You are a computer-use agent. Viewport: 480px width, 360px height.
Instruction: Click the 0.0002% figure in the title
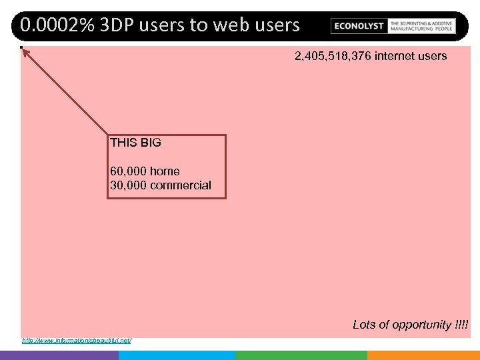[x=57, y=25]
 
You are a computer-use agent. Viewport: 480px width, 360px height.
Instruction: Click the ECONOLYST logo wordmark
[x=359, y=26]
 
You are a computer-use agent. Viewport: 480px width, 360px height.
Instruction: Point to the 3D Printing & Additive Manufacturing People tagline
[x=422, y=25]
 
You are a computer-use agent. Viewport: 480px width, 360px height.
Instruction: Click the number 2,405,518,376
[x=333, y=56]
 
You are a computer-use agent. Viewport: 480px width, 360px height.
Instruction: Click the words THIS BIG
[x=135, y=143]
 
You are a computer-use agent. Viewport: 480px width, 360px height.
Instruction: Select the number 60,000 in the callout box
[x=128, y=171]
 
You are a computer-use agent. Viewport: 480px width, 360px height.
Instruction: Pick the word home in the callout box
[x=165, y=171]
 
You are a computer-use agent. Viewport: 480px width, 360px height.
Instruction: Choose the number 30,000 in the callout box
[x=128, y=185]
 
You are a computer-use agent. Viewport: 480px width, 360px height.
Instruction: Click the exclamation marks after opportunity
[x=461, y=325]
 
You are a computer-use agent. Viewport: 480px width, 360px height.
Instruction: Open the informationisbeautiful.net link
[x=77, y=341]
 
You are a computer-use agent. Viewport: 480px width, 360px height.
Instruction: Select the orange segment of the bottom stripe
[x=423, y=355]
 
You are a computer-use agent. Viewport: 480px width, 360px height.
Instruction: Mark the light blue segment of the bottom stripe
[x=177, y=355]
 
